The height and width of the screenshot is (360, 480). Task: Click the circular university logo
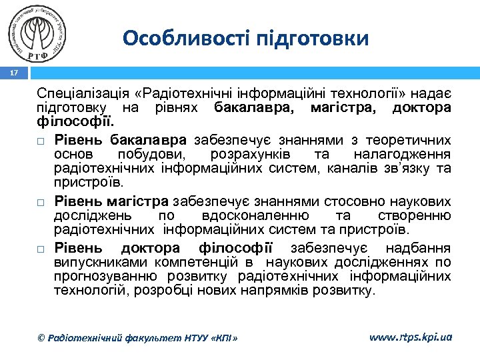pos(39,33)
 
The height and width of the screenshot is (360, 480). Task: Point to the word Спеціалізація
pos(78,94)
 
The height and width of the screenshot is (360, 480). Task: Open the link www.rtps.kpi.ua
pos(410,337)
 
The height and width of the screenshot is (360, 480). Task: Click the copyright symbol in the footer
pos(41,339)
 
